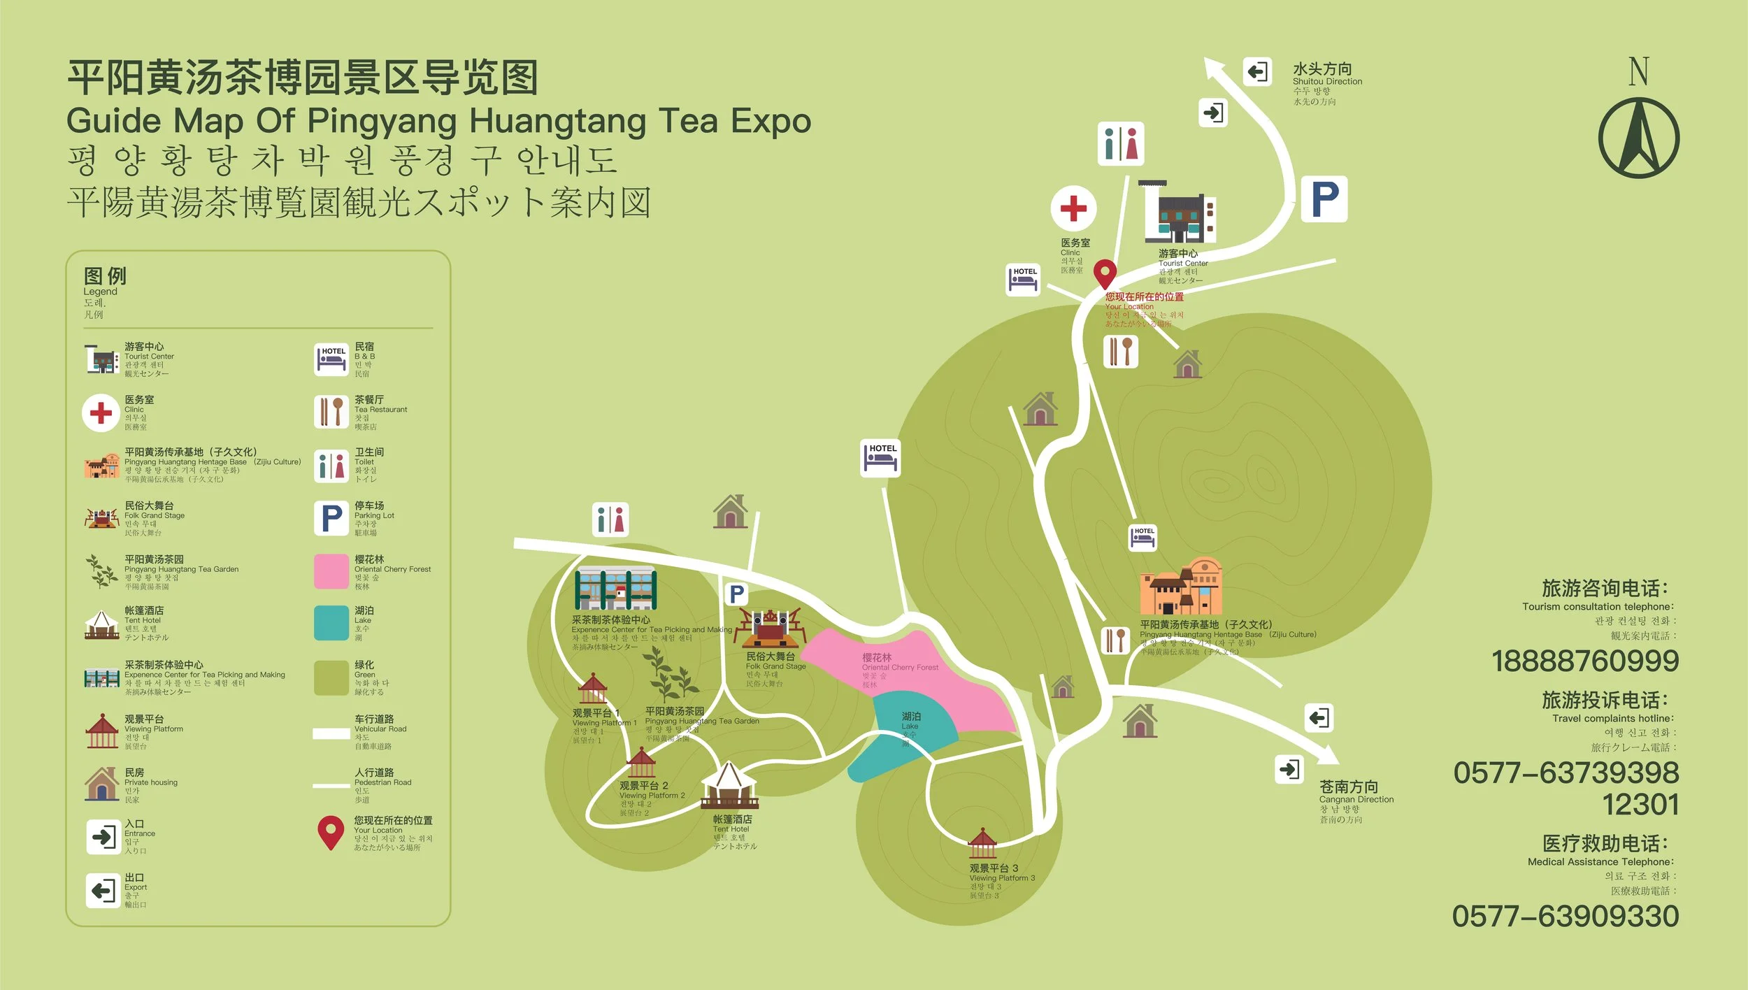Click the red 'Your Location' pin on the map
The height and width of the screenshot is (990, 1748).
click(1105, 273)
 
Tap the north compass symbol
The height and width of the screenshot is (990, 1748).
click(1638, 138)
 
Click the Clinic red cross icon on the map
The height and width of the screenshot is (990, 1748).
click(1073, 208)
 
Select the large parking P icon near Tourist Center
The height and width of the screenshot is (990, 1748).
click(1324, 199)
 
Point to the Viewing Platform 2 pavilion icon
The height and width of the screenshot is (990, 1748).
click(640, 763)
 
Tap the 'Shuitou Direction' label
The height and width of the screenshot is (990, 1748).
click(1327, 82)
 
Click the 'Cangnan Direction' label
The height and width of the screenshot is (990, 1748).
click(1356, 799)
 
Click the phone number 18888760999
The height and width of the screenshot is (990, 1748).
click(1585, 661)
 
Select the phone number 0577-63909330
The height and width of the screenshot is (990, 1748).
click(1566, 917)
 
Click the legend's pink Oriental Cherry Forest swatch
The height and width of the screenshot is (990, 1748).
click(331, 571)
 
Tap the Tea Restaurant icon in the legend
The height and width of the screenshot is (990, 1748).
click(331, 412)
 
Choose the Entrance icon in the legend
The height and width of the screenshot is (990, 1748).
click(103, 837)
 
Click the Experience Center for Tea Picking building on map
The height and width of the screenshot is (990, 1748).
click(615, 588)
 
